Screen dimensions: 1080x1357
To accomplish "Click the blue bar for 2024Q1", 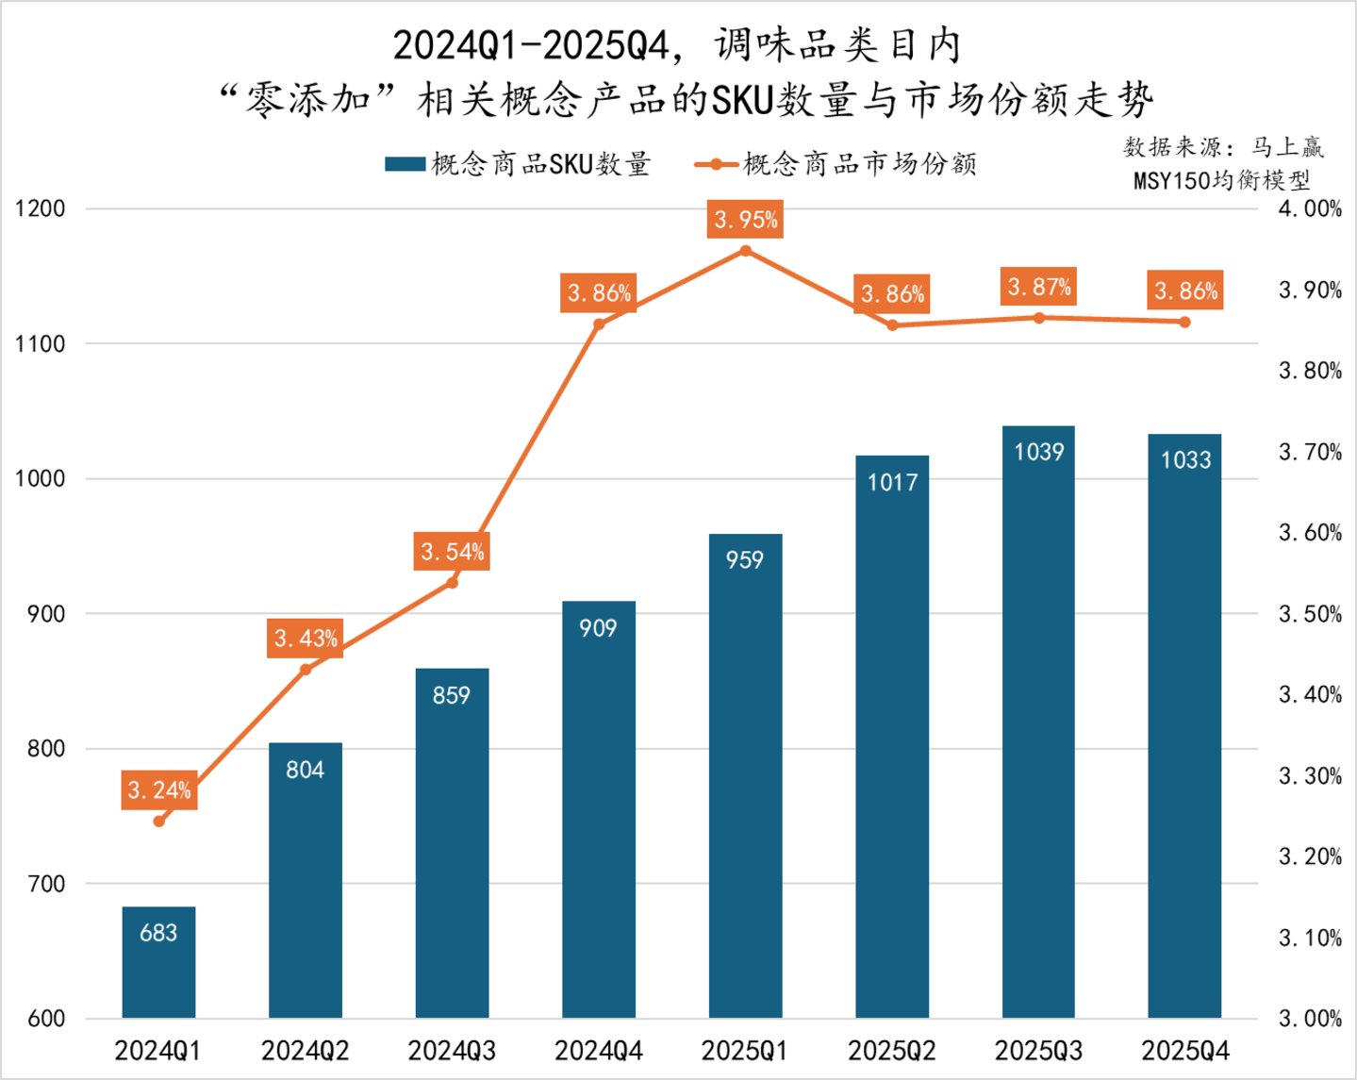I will (x=158, y=962).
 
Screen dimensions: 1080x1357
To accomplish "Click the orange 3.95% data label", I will (x=745, y=220).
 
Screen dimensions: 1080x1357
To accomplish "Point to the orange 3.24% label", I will (x=159, y=789).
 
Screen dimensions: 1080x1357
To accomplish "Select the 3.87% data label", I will (x=1039, y=287).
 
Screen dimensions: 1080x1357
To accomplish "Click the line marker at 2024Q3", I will (x=452, y=583).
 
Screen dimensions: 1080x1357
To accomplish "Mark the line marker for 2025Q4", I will (x=1185, y=322).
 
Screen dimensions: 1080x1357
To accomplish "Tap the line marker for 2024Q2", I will (x=306, y=670).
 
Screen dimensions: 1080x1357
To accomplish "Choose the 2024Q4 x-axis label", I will (x=599, y=1051).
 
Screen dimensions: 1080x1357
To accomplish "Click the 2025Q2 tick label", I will (x=892, y=1051).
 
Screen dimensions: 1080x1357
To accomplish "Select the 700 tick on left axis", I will (x=46, y=884).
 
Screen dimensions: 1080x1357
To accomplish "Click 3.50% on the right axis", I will (x=1310, y=614).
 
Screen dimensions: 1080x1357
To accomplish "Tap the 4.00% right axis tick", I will (x=1310, y=208).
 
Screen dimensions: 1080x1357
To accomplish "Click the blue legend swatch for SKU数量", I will (x=405, y=164).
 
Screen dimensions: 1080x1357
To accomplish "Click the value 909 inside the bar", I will (x=598, y=628).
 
